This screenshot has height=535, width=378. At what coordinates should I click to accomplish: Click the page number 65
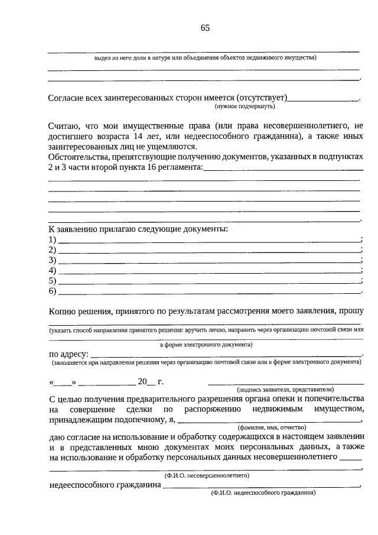[x=205, y=28]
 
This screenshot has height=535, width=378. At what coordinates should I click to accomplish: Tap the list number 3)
[x=52, y=260]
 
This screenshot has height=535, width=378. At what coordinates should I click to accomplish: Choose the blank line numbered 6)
[x=209, y=291]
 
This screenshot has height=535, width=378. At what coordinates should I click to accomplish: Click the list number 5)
[x=52, y=281]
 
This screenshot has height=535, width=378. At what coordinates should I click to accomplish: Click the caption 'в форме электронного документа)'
[x=206, y=344]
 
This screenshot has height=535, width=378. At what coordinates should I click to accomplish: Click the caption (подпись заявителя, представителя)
[x=285, y=390]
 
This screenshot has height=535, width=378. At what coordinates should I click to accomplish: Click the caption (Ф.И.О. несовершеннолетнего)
[x=206, y=475]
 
